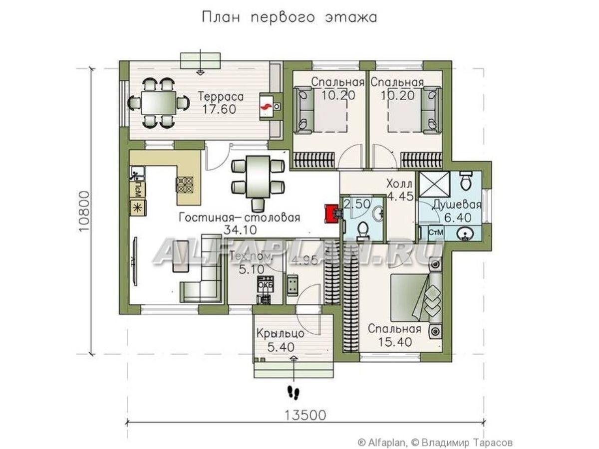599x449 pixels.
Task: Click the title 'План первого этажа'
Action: tap(289, 17)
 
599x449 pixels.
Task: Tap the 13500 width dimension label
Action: tap(305, 415)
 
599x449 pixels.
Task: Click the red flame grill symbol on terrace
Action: tap(266, 106)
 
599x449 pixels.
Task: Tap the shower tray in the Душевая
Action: tap(434, 183)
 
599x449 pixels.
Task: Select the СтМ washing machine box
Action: tap(437, 232)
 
